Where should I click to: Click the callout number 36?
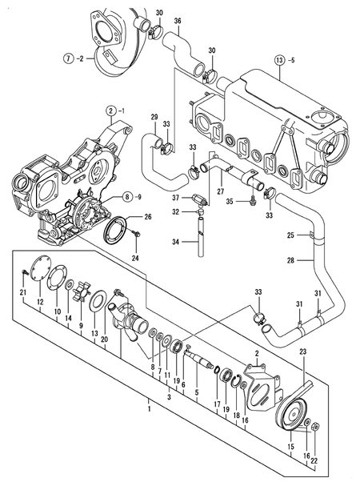178,20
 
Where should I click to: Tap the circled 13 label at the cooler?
278,60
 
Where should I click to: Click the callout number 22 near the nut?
314,461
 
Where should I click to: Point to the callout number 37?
175,197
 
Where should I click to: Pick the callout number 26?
147,217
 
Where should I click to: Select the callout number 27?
221,191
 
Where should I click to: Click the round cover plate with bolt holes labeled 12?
35,276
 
